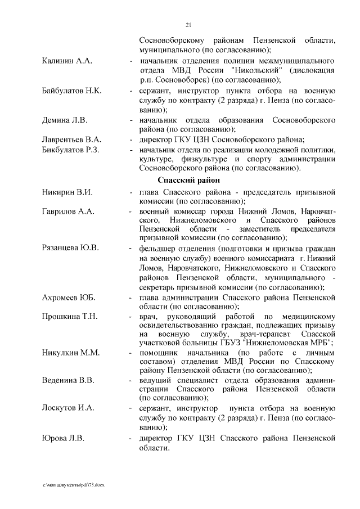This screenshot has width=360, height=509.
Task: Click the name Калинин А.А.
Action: pyautogui.click(x=67, y=60)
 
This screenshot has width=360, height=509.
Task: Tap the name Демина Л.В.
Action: pyautogui.click(x=65, y=120)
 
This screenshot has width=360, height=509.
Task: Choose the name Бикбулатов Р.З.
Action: pyautogui.click(x=71, y=150)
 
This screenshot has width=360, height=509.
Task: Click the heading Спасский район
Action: pyautogui.click(x=188, y=181)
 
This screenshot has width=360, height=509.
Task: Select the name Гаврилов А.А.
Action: pyautogui.click(x=69, y=211)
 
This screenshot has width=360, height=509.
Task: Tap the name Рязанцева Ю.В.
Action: pyautogui.click(x=71, y=248)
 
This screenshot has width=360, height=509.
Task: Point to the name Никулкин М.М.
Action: pyautogui.click(x=71, y=353)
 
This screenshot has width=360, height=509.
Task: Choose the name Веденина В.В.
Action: pyautogui.click(x=68, y=380)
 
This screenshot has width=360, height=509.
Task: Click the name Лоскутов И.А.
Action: pyautogui.click(x=69, y=408)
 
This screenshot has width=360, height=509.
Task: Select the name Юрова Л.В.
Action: pyautogui.click(x=64, y=438)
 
